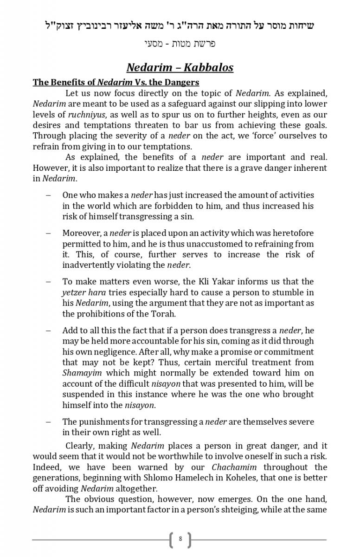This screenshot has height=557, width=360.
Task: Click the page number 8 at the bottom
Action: (180, 539)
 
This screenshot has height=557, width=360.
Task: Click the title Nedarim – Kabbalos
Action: (180, 67)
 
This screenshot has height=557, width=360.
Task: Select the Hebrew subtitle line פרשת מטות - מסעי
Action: (180, 44)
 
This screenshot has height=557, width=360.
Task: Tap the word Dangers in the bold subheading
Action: (181, 82)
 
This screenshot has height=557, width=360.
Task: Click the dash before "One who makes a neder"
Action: (48, 195)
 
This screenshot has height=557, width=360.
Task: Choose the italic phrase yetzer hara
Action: (84, 292)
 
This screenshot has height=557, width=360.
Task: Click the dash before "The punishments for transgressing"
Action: (48, 422)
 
